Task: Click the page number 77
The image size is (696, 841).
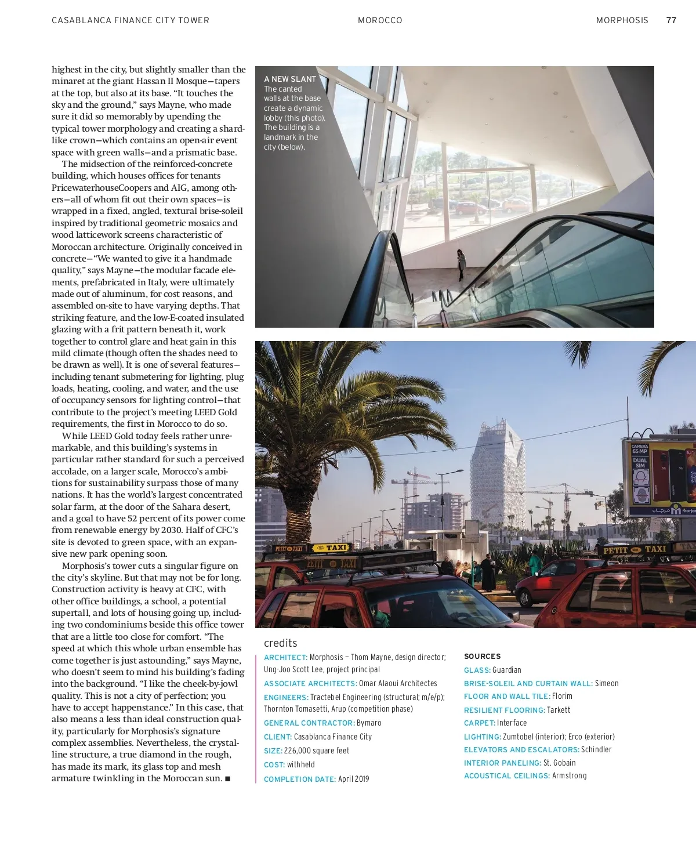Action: click(x=671, y=20)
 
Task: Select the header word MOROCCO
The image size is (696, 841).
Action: click(x=380, y=20)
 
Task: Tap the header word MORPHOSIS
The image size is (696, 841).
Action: click(x=622, y=20)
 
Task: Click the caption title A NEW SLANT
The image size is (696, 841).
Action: click(x=290, y=79)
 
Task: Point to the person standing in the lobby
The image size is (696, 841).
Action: click(x=461, y=264)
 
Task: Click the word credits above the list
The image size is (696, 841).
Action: click(x=281, y=643)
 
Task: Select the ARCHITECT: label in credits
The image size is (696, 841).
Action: click(x=285, y=658)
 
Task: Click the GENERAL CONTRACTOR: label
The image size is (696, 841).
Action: click(x=309, y=723)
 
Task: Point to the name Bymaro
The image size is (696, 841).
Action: click(x=369, y=723)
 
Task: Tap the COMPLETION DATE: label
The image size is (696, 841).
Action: click(x=300, y=780)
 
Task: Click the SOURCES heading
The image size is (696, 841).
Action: click(x=482, y=657)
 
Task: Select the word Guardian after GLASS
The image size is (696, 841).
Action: click(x=507, y=670)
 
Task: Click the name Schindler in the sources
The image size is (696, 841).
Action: click(x=596, y=750)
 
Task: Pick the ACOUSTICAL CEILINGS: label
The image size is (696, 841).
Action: click(x=506, y=776)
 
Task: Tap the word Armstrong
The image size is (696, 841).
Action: click(x=569, y=776)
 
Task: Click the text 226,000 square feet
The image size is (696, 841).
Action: click(x=317, y=751)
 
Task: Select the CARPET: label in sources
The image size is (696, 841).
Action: click(x=480, y=723)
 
